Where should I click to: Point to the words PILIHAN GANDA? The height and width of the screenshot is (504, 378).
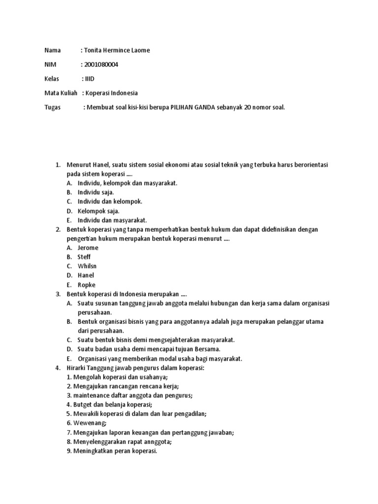click(193, 107)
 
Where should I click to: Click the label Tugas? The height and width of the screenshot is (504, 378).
click(53, 107)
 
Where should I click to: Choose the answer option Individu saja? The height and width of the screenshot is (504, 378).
click(95, 192)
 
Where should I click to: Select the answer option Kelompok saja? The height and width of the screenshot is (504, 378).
click(98, 211)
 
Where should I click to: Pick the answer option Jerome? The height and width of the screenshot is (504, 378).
click(88, 248)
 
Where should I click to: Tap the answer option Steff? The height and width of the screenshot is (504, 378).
click(84, 257)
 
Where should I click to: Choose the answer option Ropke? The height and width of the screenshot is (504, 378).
click(87, 285)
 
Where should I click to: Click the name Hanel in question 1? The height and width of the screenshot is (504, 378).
click(101, 164)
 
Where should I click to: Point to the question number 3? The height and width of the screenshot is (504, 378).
click(58, 294)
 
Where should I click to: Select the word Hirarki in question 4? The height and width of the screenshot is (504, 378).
click(77, 368)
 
